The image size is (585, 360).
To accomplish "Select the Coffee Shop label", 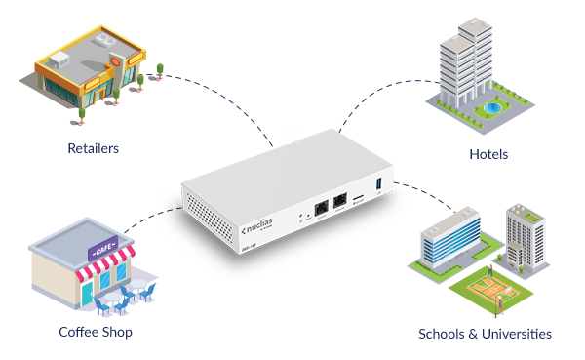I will point(95,332).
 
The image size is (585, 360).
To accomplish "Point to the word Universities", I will point(513,334).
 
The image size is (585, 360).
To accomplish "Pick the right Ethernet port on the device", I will point(339,203).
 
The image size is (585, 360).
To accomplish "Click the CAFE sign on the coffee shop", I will point(103,244).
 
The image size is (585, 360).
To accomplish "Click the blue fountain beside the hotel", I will point(493,105).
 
